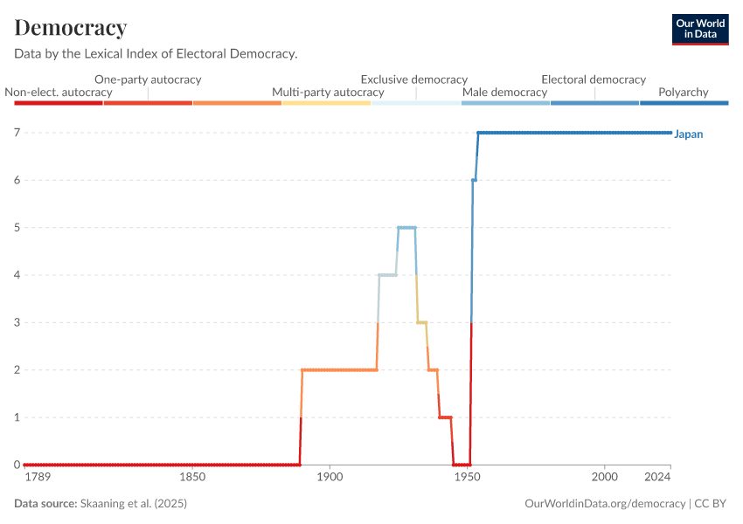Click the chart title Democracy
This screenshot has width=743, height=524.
click(71, 28)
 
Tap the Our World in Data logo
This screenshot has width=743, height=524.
click(700, 29)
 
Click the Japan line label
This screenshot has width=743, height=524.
click(689, 134)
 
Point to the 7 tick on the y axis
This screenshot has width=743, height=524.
click(17, 133)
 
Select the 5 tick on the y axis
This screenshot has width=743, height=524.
click(17, 228)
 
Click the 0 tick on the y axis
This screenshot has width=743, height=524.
click(17, 465)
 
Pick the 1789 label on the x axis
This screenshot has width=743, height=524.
click(38, 477)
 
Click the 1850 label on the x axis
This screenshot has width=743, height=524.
click(191, 477)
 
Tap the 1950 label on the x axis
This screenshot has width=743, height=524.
click(467, 477)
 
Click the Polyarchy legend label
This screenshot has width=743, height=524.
click(684, 92)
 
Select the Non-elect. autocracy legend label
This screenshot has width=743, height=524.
click(59, 92)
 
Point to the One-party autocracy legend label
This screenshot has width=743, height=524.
click(148, 79)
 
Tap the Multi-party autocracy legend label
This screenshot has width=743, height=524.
click(328, 92)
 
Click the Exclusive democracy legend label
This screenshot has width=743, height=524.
click(414, 79)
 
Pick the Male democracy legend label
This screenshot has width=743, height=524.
click(504, 92)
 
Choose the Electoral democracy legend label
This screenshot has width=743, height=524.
click(594, 79)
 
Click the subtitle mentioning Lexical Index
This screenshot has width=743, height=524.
click(156, 54)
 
